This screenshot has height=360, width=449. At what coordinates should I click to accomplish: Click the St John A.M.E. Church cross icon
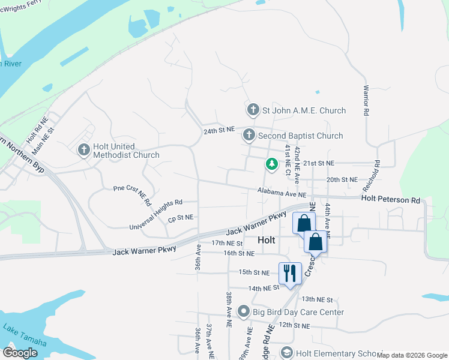(x=253, y=110)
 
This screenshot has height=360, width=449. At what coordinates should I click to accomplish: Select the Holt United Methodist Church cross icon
(x=84, y=149)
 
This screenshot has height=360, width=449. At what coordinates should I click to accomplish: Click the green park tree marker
(x=272, y=163)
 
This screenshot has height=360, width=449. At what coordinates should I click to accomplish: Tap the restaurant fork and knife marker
(x=290, y=273)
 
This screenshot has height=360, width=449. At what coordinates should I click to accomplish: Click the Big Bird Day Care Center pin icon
(x=243, y=311)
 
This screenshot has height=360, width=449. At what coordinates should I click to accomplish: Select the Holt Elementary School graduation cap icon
(x=286, y=353)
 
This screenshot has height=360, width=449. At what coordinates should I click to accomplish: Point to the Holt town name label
(x=266, y=239)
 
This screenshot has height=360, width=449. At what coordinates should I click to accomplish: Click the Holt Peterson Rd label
(x=390, y=199)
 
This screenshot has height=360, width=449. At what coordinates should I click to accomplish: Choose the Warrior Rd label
(x=365, y=100)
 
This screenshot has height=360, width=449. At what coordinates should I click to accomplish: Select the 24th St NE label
(x=218, y=130)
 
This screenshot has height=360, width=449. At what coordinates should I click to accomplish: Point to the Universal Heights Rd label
(x=155, y=215)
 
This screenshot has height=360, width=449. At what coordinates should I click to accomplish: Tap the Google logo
(x=20, y=353)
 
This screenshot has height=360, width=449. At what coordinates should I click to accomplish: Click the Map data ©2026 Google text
(x=412, y=355)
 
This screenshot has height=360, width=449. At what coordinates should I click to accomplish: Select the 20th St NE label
(x=342, y=179)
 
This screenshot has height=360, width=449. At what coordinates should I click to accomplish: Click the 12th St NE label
(x=294, y=325)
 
